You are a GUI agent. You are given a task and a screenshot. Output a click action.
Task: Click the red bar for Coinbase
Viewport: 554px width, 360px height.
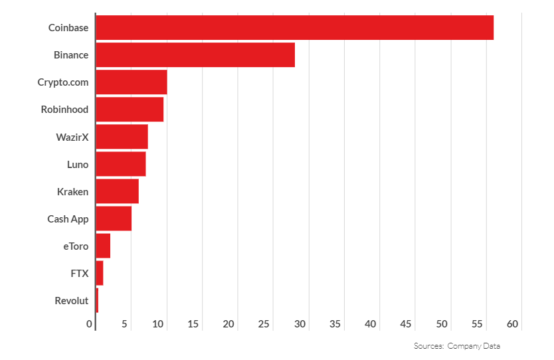pos(294,28)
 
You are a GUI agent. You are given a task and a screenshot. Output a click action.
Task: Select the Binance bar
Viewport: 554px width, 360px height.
pos(195,55)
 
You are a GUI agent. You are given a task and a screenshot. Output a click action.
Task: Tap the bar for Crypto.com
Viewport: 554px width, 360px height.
pos(132,82)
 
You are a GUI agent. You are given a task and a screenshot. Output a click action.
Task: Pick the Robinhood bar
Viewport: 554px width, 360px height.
pos(130,110)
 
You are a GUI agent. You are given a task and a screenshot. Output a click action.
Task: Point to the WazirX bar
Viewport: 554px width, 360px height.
pos(122,137)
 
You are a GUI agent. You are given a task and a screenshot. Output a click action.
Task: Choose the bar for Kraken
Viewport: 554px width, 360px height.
pos(118,191)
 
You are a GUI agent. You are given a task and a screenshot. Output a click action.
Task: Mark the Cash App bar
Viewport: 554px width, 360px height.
pos(114,219)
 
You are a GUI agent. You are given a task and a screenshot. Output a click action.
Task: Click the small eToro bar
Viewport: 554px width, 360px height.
pos(103,246)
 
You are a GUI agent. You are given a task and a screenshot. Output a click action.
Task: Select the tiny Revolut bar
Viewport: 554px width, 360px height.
pos(97,300)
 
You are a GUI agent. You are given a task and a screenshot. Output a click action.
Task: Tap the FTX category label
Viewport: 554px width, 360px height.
pos(79,273)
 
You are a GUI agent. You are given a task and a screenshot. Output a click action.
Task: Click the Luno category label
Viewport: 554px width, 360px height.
pos(78,164)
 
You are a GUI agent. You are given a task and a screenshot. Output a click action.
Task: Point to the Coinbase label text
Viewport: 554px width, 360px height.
pos(68,28)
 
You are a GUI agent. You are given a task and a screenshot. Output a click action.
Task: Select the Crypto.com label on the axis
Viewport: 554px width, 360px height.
pos(62,82)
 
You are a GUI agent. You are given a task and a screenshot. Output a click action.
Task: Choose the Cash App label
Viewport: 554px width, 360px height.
pos(68,219)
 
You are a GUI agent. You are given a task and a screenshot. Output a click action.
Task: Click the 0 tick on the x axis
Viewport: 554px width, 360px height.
pos(90,324)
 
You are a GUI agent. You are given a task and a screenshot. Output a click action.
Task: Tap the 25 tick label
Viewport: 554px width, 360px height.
pos(264,324)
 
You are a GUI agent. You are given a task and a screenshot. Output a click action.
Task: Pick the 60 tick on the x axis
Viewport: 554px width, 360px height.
pos(512,324)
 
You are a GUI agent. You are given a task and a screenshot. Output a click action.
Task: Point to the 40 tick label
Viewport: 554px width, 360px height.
pos(371,324)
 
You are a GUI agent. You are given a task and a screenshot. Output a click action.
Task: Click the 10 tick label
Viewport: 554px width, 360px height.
pos(158,324)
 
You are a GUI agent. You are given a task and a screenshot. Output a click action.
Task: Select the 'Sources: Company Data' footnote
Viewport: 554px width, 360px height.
pos(457,346)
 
